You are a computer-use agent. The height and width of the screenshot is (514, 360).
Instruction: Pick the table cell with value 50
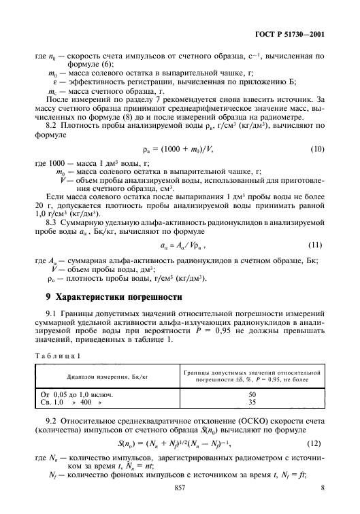[x=252, y=394]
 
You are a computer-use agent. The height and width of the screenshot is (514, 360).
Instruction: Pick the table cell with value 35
[x=252, y=402]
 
